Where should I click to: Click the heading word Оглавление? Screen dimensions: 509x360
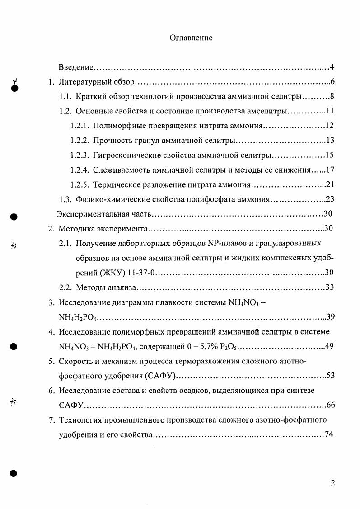[x=191, y=38]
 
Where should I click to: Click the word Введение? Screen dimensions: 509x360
[x=76, y=67]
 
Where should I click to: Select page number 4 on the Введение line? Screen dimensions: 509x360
[x=332, y=67]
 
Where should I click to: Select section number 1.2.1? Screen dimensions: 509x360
[x=79, y=126]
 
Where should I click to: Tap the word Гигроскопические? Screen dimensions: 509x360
[x=125, y=155]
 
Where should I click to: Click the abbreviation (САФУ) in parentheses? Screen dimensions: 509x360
[x=161, y=376]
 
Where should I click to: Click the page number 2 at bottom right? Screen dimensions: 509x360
[x=332, y=483]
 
